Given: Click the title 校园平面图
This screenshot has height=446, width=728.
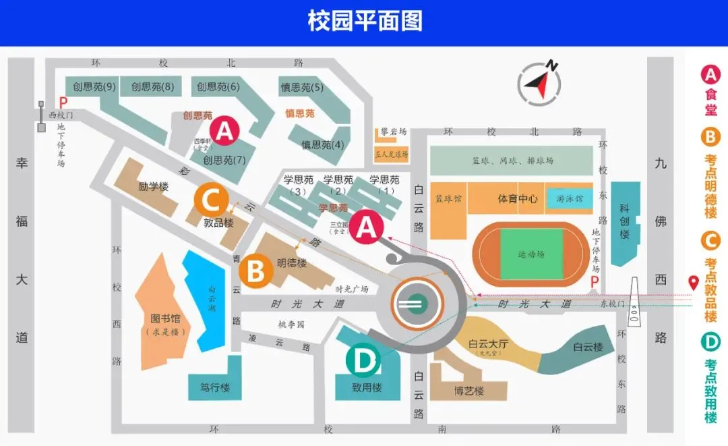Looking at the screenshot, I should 365,22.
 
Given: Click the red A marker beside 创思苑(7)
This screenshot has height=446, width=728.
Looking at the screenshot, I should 224,131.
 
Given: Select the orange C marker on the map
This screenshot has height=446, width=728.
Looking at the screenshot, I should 211,200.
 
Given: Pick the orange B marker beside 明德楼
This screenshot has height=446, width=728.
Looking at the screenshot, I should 256,271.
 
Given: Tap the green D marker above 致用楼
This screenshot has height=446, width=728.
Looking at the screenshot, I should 363,362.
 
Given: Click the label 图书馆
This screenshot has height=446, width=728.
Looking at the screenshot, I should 164,318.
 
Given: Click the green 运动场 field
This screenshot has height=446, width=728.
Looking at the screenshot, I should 531,254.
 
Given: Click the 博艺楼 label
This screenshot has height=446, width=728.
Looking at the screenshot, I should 469,391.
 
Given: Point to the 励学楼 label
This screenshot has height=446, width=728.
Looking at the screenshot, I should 153,186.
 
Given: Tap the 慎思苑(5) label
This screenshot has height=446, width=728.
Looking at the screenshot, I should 302,87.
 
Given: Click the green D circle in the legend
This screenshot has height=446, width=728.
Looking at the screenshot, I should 710,342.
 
